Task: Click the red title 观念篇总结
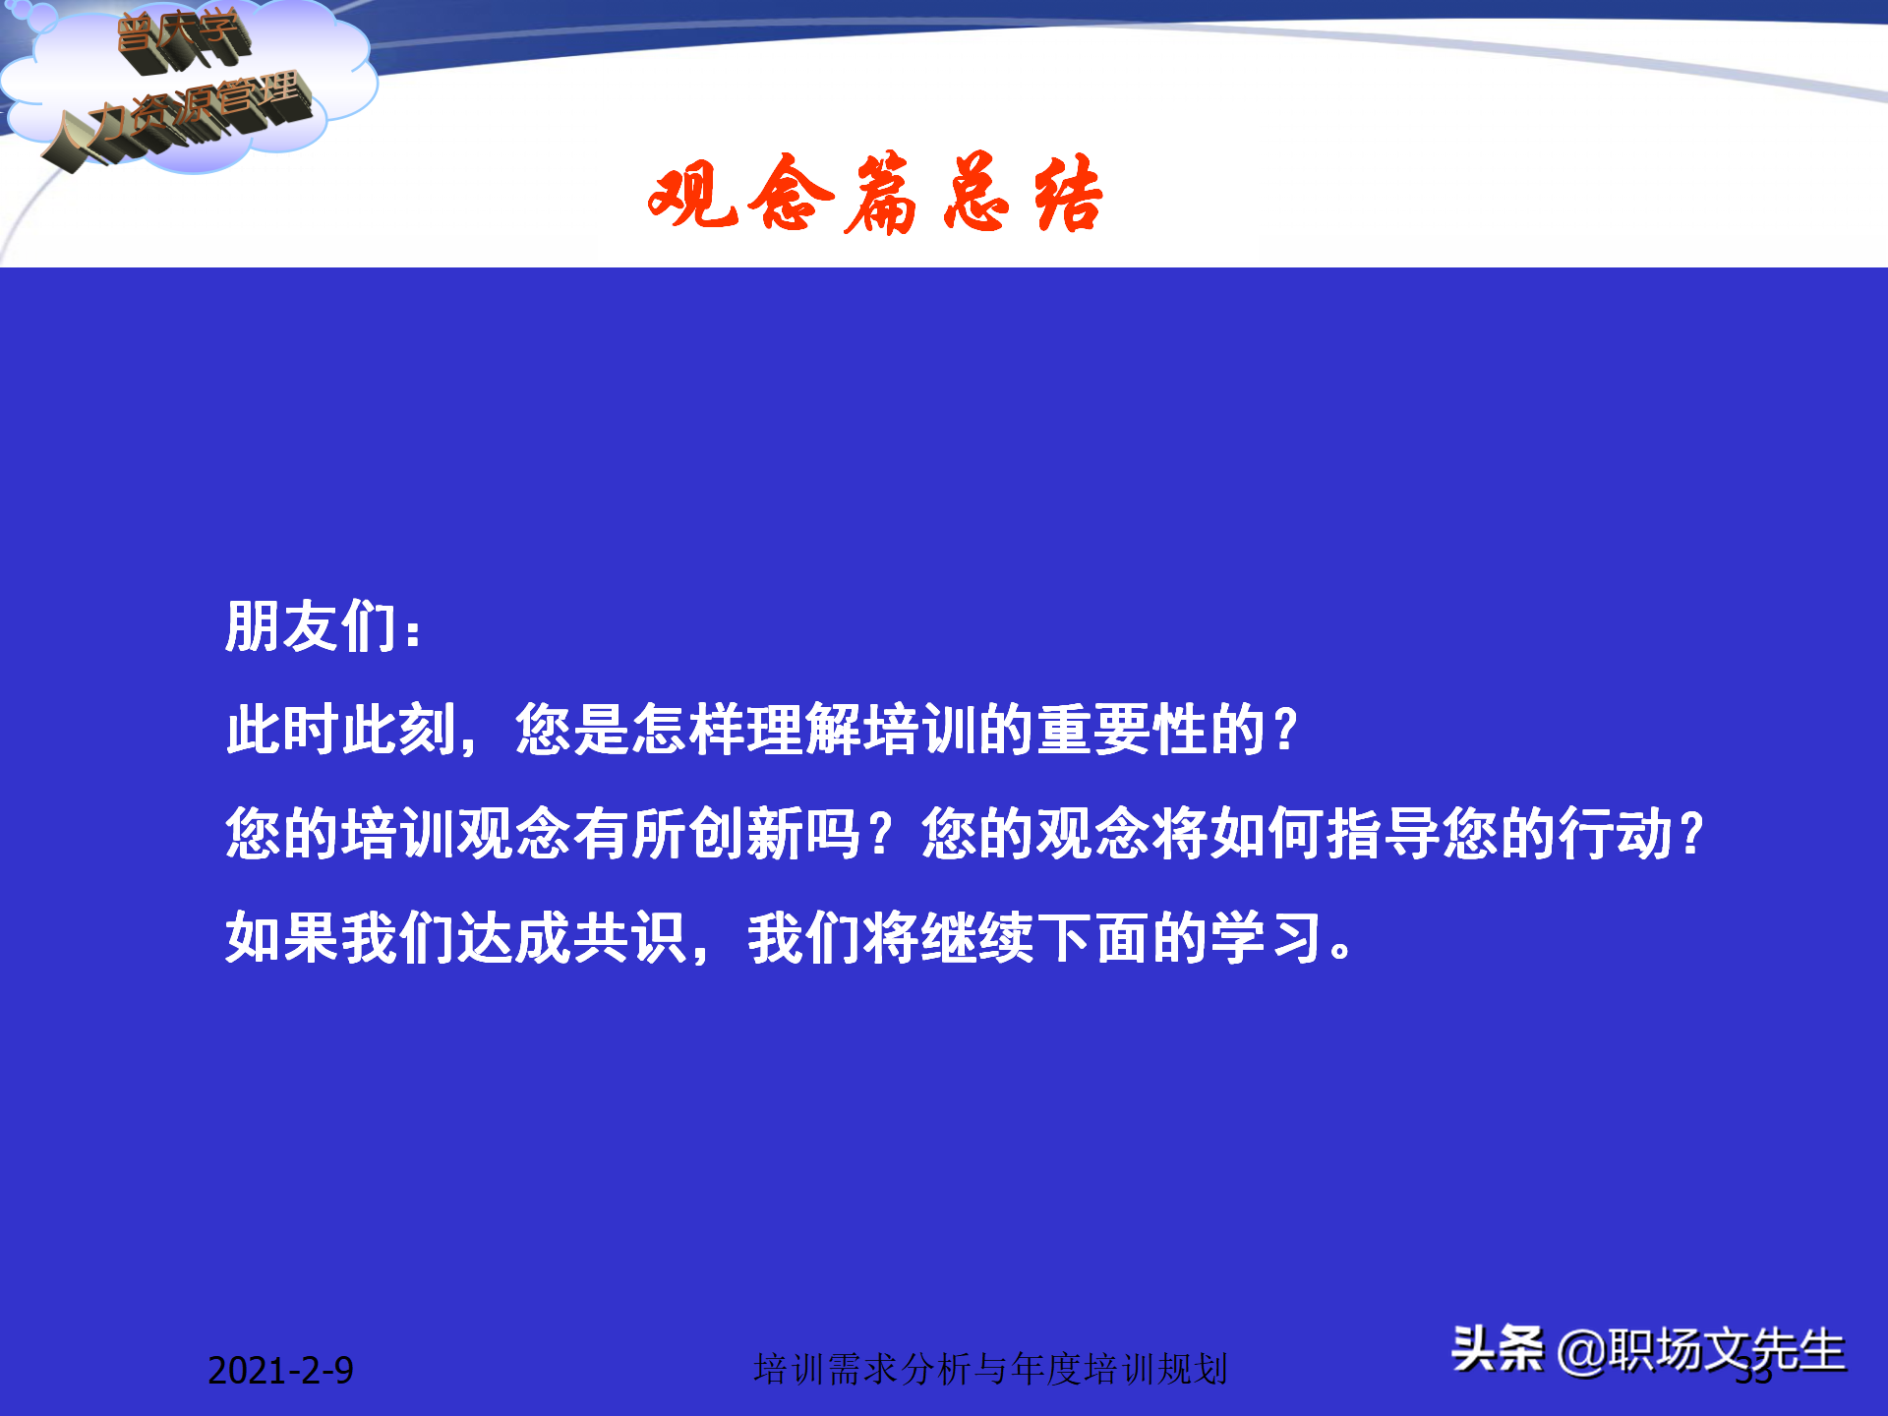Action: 875,195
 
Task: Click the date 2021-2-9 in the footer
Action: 280,1370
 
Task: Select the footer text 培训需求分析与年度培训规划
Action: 990,1369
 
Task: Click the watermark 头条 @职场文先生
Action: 1648,1349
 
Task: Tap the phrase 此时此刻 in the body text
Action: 340,730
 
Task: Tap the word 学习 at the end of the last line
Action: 1267,938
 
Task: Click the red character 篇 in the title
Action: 881,195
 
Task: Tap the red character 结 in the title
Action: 1068,195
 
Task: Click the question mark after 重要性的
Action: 1284,730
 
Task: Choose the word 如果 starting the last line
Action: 282,938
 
